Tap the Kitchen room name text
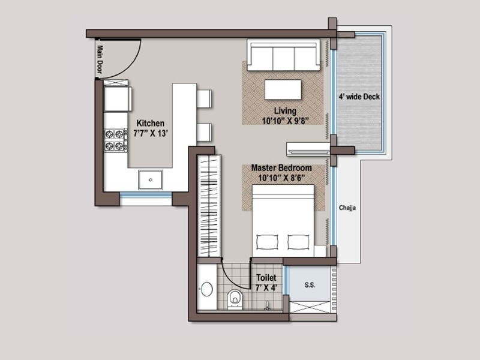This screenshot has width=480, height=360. (150, 123)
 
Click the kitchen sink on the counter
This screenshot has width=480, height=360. (149, 178)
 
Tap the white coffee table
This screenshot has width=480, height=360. (283, 89)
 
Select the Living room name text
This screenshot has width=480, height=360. (285, 111)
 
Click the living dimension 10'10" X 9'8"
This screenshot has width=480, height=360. (285, 121)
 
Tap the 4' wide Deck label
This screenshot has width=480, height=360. (359, 97)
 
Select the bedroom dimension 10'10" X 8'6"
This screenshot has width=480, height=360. (281, 178)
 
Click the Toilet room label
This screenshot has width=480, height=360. (266, 278)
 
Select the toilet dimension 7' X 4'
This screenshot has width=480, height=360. (266, 289)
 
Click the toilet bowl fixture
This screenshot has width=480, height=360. (235, 298)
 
